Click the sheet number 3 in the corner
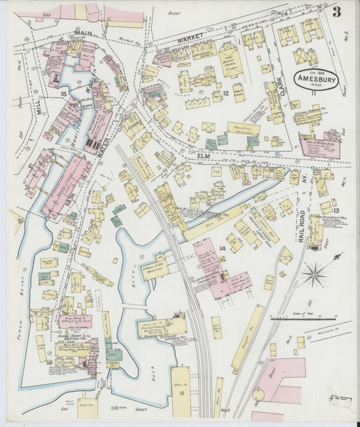pyautogui.click(x=336, y=11)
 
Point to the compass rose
pyautogui.click(x=313, y=274)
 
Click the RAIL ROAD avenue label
pyautogui.click(x=301, y=225)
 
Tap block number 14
pyautogui.click(x=222, y=249)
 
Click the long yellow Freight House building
pyautogui.click(x=247, y=338)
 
